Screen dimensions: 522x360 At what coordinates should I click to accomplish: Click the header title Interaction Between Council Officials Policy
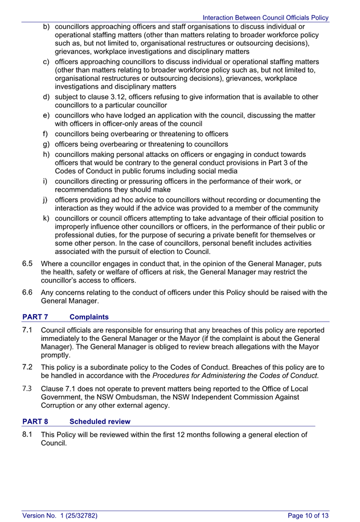click(266, 18)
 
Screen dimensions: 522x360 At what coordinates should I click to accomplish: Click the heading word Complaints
click(89, 317)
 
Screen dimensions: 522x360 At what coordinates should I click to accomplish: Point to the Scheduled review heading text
click(100, 422)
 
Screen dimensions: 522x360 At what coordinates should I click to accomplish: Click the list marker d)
click(47, 97)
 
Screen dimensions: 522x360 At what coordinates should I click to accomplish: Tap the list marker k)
click(47, 219)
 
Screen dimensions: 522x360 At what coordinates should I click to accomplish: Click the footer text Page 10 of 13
click(308, 515)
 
